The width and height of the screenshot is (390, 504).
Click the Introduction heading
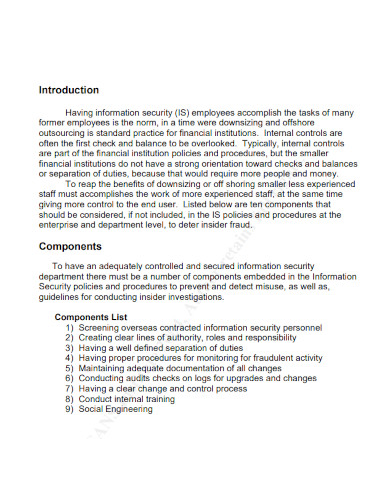pos(68,90)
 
